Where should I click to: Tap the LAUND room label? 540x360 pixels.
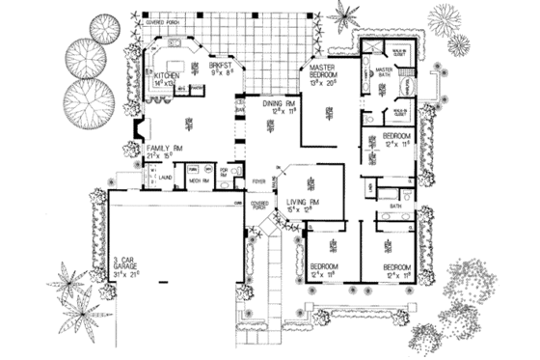pos(165,177)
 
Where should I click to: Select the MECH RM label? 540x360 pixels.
pos(199,179)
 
